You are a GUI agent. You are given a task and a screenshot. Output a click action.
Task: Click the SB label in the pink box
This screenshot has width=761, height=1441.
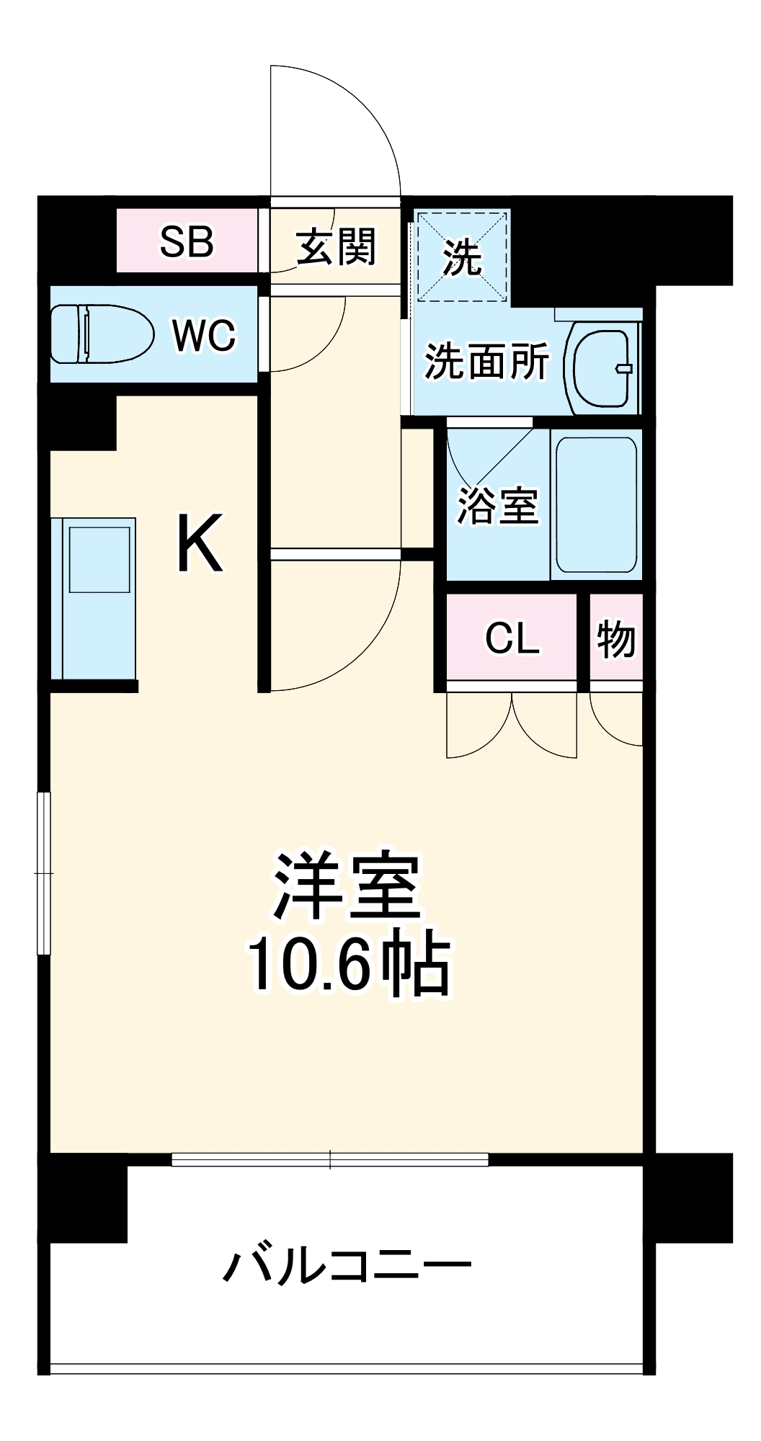[187, 242]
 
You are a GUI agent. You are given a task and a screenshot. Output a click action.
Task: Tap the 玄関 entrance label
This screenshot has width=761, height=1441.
[336, 247]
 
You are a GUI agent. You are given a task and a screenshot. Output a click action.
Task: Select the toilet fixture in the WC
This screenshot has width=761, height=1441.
[102, 334]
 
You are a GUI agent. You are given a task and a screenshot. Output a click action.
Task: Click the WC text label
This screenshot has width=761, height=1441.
[204, 335]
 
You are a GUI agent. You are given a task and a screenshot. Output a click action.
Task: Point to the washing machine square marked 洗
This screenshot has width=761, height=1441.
[463, 256]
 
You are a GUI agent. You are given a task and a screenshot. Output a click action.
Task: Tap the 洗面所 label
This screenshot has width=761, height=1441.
[486, 361]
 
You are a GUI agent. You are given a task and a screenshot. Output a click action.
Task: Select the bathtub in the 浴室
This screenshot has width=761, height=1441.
[596, 504]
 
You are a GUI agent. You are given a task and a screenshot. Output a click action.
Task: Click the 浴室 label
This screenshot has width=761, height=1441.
[497, 506]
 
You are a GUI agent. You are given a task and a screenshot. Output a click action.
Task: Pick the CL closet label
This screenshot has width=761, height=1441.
[512, 638]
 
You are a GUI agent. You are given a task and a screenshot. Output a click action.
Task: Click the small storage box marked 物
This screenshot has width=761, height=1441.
[615, 638]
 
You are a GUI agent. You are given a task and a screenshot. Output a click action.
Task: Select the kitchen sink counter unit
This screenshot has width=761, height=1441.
[94, 598]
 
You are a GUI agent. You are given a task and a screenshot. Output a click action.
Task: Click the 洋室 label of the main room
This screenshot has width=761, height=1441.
[347, 887]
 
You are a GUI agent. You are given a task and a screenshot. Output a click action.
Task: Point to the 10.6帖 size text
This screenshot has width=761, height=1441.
[350, 965]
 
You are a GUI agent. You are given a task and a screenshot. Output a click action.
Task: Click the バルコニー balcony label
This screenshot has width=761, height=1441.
[347, 1266]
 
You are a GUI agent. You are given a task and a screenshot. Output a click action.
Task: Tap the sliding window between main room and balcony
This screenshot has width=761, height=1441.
[330, 1159]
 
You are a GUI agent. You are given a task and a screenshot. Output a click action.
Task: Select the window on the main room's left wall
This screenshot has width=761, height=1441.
[44, 873]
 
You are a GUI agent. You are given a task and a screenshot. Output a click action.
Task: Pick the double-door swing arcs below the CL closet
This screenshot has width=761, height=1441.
[512, 728]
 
